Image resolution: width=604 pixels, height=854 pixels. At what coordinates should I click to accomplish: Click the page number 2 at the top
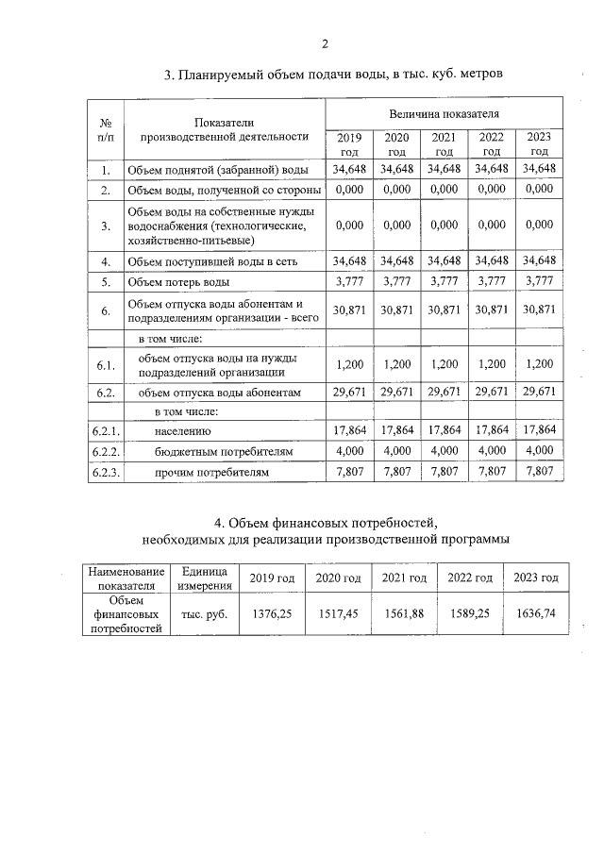click(324, 44)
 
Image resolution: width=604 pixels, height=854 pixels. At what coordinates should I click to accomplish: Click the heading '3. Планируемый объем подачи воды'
click(327, 74)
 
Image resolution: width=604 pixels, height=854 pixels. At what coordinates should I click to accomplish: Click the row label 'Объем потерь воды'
click(178, 281)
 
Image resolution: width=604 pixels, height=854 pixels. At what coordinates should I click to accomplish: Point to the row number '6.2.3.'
click(107, 470)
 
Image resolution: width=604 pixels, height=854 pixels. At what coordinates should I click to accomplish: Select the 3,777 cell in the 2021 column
click(444, 281)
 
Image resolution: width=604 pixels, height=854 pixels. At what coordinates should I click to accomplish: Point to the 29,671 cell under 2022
click(492, 391)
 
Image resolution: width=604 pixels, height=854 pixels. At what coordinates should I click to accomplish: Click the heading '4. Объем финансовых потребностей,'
click(327, 522)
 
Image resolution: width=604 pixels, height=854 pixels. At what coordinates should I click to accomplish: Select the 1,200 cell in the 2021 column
click(444, 362)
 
